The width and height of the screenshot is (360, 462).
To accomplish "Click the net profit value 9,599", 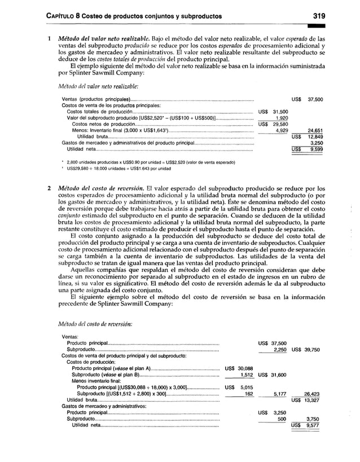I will pos(314,149).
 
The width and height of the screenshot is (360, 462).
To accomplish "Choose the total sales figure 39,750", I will pos(314,349).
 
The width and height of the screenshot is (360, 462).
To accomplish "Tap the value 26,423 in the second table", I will pos(313,394).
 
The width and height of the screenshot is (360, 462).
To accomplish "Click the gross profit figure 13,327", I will pos(313,401).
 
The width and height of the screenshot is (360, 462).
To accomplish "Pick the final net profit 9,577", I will pos(313,426).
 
